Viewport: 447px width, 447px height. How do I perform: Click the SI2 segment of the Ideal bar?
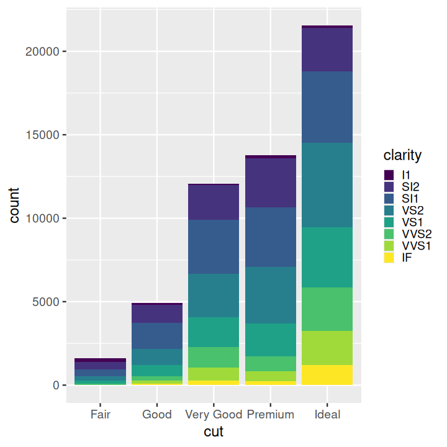click(x=327, y=50)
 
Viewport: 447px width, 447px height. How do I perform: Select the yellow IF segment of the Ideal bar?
click(x=327, y=375)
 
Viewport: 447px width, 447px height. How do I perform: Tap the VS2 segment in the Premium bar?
click(x=271, y=295)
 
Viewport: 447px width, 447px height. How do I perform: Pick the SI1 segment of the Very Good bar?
click(x=214, y=247)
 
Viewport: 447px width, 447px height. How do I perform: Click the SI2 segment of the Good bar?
click(x=157, y=314)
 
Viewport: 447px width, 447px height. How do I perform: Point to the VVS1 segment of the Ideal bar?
click(x=327, y=348)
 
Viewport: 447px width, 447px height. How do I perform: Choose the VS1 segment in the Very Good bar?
click(x=214, y=332)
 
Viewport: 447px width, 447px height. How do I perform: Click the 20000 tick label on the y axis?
click(x=42, y=52)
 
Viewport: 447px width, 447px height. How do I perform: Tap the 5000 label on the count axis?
click(x=45, y=302)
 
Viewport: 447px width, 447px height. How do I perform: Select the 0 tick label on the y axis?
click(x=56, y=385)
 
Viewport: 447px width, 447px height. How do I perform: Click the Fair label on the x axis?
click(x=101, y=414)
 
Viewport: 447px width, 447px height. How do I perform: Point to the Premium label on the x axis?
click(x=271, y=414)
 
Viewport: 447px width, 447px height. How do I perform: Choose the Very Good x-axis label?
click(x=214, y=415)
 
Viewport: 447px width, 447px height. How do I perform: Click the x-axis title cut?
click(x=214, y=431)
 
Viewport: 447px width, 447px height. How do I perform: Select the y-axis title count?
click(x=14, y=205)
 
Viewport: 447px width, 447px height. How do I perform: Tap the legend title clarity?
click(x=402, y=155)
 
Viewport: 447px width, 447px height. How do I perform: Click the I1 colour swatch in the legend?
click(x=389, y=174)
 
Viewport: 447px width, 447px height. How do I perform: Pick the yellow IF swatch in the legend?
click(x=389, y=258)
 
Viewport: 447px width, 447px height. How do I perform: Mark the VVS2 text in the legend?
click(x=417, y=234)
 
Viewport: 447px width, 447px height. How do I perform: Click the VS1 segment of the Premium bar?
click(x=271, y=340)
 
